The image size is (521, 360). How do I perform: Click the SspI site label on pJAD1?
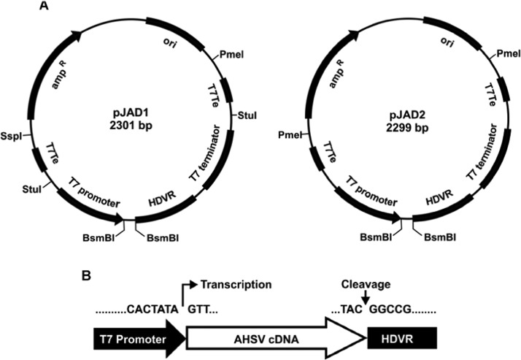(x=13, y=137)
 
